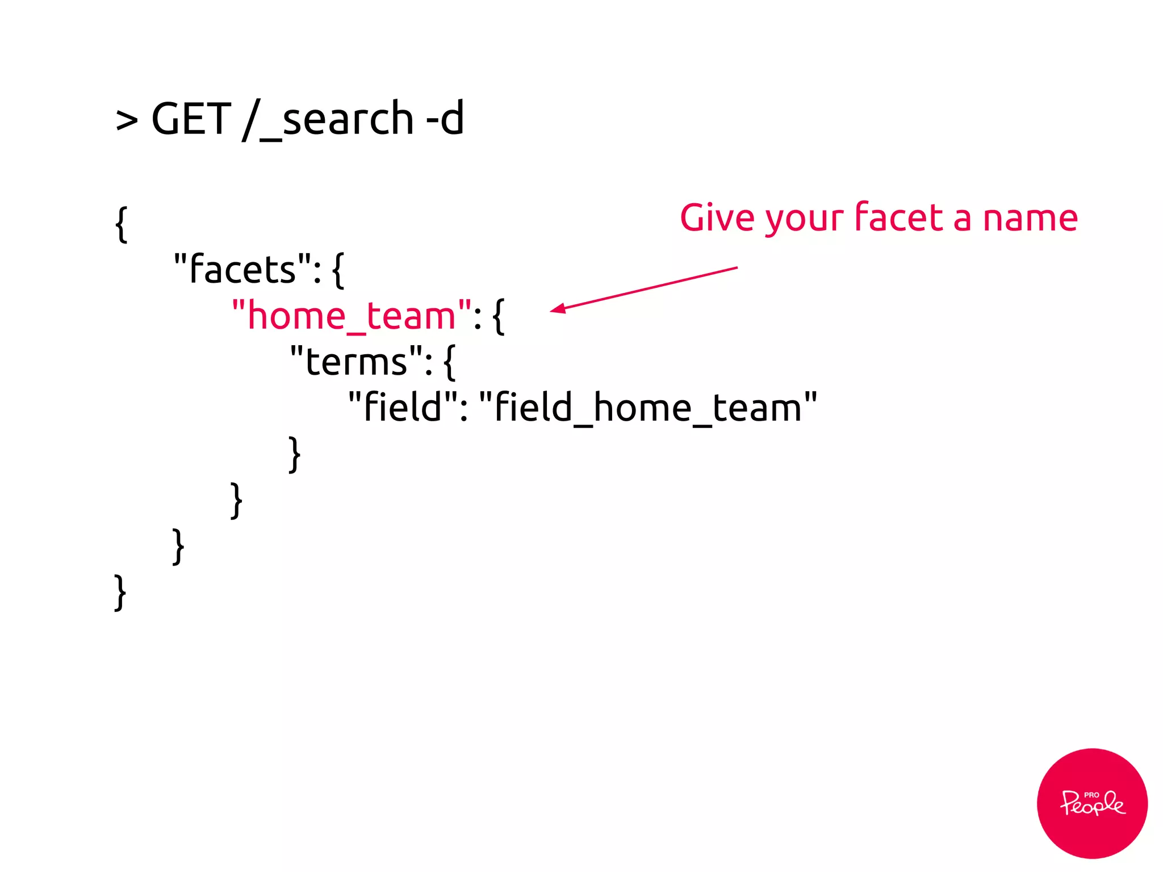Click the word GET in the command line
point(191,119)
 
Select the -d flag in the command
point(445,119)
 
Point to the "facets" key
point(242,269)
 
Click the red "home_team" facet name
point(352,316)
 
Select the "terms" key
point(356,362)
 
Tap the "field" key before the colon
point(403,408)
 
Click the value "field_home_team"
point(648,408)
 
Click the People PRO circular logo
point(1091,803)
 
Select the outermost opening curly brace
point(121,224)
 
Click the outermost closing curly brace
point(120,593)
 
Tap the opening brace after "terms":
point(449,362)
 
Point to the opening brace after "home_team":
point(498,317)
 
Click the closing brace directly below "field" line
point(294,454)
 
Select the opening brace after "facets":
point(337,270)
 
